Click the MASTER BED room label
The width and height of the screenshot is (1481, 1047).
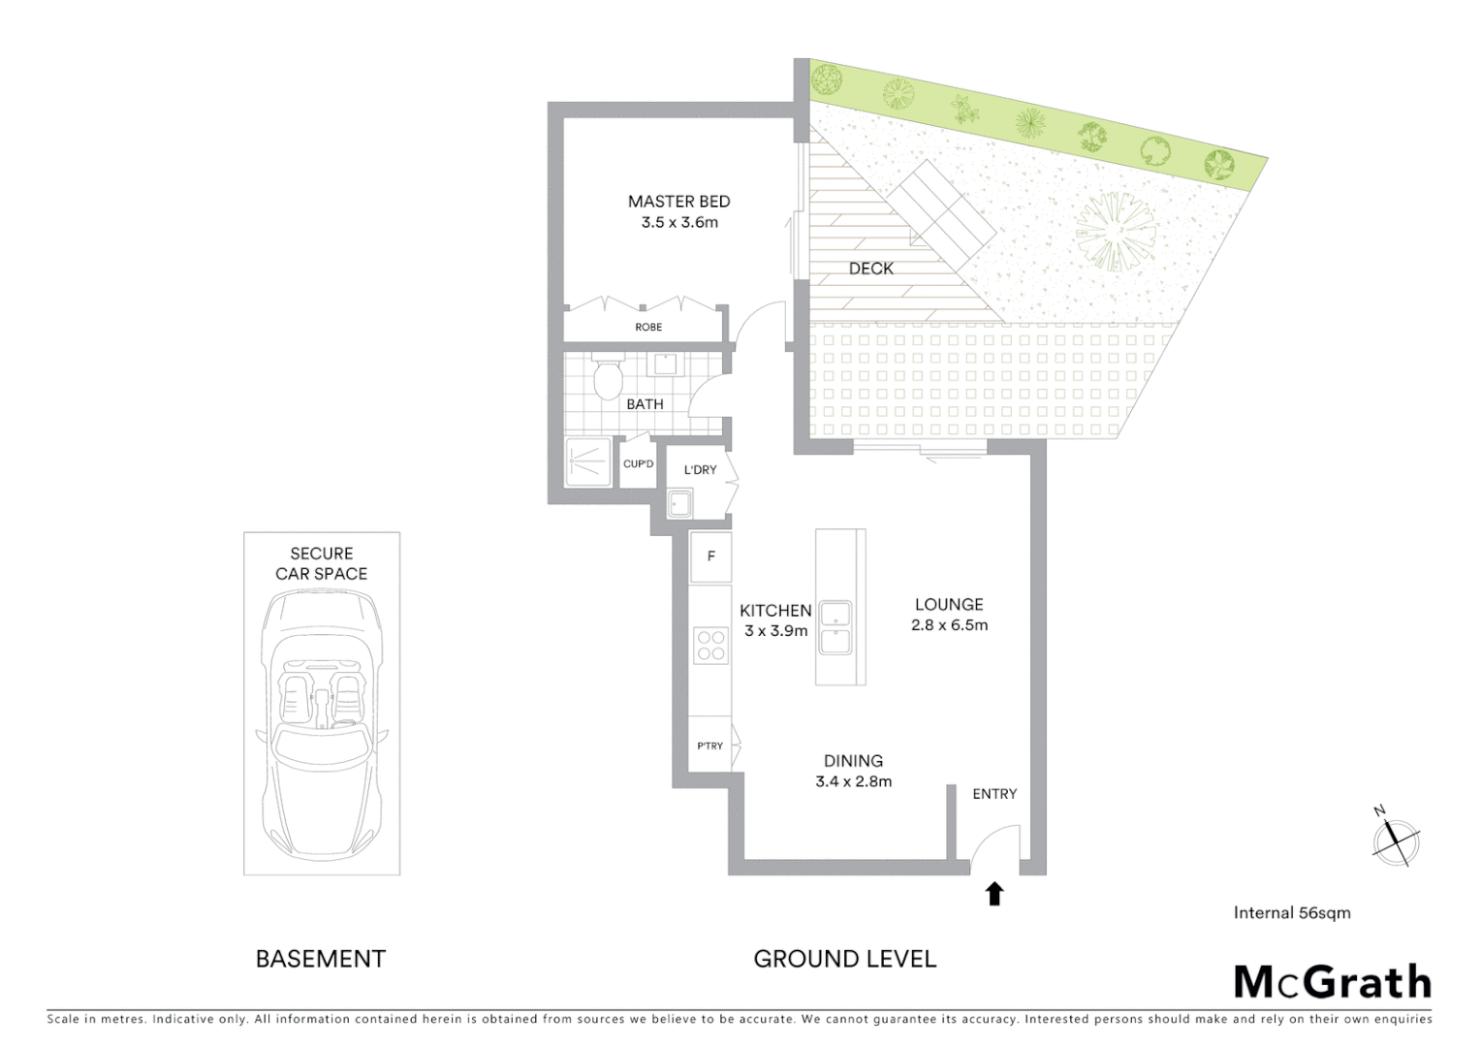[x=678, y=202]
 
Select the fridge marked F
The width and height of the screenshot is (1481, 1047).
[x=710, y=556]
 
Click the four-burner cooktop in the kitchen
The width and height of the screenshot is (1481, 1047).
[x=710, y=646]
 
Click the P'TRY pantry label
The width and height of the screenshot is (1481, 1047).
[x=709, y=746]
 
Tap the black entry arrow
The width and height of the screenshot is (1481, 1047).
[x=993, y=893]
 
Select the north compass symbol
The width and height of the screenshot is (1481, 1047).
[x=1396, y=837]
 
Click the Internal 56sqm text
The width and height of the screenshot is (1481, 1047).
[x=1291, y=912]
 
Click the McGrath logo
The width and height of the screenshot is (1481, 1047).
[x=1332, y=982]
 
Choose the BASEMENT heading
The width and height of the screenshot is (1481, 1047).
[x=320, y=959]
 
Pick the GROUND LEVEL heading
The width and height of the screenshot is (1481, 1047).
[x=844, y=959]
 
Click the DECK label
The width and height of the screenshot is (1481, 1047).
[x=870, y=269]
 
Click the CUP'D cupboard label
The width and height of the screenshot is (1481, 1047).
[x=638, y=464]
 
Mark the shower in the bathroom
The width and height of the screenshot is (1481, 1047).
[x=588, y=463]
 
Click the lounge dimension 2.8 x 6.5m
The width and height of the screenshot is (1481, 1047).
[x=949, y=625]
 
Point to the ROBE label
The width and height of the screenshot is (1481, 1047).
[x=648, y=328]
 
